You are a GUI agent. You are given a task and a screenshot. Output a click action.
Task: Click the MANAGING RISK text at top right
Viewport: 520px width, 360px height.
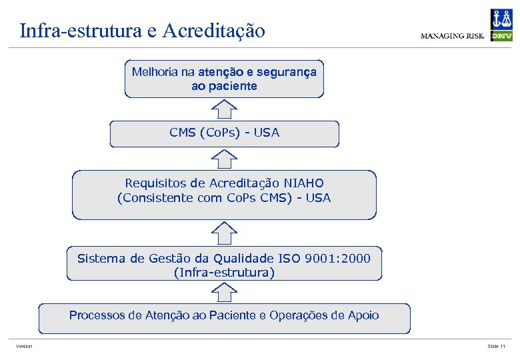click(452, 36)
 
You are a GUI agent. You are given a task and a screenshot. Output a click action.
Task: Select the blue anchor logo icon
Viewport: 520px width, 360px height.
click(501, 18)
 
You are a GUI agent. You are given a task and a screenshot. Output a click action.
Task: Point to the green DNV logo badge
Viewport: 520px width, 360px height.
click(501, 36)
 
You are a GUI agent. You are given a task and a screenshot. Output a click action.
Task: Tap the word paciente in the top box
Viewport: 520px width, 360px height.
click(233, 86)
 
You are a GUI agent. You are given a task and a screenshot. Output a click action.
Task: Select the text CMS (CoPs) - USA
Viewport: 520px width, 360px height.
click(225, 133)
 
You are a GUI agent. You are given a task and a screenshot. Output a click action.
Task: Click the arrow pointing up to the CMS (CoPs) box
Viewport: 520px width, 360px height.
click(225, 158)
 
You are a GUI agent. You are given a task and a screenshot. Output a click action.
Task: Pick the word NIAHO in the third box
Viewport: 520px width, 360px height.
click(304, 183)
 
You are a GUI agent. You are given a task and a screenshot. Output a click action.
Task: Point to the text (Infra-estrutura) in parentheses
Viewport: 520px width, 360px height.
click(224, 273)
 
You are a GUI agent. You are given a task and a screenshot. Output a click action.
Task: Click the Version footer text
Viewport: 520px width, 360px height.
click(24, 347)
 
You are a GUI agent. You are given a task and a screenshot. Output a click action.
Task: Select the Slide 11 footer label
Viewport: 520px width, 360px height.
click(497, 347)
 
